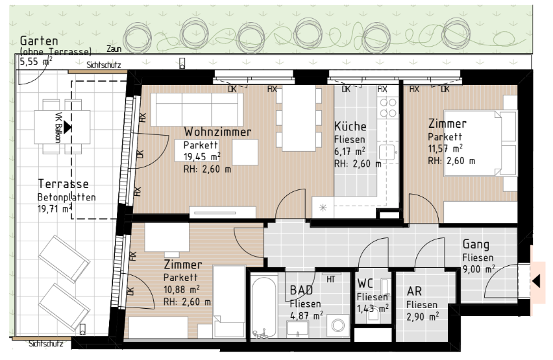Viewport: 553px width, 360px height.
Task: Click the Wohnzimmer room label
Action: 217,132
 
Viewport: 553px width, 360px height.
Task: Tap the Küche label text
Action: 350,126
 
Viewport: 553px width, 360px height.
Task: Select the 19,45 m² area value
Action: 202,156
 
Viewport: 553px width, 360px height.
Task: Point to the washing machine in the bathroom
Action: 338,326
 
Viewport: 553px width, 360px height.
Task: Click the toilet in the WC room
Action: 374,314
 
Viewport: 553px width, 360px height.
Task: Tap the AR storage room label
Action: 414,291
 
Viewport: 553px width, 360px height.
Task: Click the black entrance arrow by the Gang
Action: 536,282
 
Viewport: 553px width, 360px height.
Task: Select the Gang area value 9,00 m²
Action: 478,269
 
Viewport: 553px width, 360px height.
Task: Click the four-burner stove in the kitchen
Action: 387,108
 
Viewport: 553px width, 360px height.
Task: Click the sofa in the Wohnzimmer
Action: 197,110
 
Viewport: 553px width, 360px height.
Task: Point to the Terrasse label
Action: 63,184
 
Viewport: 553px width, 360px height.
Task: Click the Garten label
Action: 39,40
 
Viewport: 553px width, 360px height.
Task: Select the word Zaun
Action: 114,49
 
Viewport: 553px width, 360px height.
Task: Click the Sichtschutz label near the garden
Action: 104,65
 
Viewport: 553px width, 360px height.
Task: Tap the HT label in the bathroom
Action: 330,280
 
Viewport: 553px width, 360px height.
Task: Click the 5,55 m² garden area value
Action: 36,62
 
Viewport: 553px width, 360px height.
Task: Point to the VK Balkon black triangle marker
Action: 68,127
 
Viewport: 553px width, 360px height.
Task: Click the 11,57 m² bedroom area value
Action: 445,149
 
